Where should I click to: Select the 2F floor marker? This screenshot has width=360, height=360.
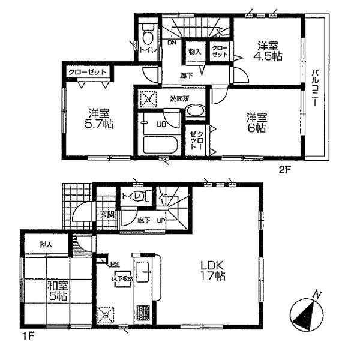(284, 170)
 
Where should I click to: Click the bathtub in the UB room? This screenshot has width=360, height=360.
(160, 145)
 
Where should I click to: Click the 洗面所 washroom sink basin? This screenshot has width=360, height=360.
(194, 111)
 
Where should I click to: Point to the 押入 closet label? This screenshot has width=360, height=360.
(46, 244)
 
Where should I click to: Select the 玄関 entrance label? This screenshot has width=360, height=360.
(106, 214)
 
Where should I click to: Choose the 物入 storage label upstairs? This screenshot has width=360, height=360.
(196, 52)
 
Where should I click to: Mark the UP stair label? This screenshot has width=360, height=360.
(161, 221)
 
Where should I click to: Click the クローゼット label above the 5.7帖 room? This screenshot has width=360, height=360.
(88, 72)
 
